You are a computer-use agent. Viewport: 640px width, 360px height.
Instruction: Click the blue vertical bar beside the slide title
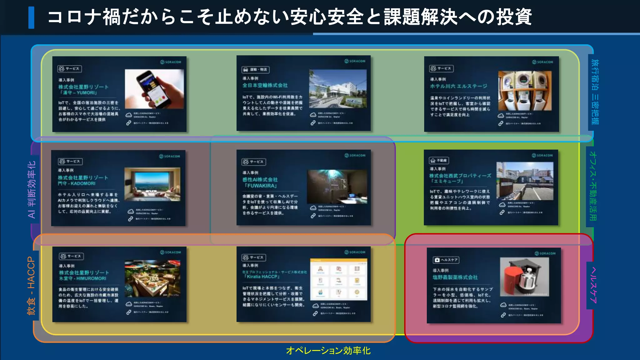(31, 18)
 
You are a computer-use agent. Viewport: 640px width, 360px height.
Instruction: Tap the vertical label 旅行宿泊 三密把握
(595, 92)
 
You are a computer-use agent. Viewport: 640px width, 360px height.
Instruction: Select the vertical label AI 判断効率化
(32, 189)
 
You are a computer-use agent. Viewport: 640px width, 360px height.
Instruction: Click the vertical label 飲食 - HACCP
(31, 285)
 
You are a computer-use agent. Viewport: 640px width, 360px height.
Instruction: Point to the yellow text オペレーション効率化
(328, 351)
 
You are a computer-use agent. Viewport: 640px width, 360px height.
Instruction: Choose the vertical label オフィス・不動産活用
(592, 186)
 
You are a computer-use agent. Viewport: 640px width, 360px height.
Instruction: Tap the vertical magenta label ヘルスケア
(593, 285)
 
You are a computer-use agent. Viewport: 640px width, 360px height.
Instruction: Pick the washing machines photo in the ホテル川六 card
(525, 91)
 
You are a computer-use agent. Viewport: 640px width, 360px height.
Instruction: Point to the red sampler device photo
(524, 277)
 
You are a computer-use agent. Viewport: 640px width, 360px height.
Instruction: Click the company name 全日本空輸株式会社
(265, 85)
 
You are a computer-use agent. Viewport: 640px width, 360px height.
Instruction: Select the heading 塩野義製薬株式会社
(455, 277)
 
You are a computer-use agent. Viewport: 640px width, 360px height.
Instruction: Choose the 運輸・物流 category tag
(255, 70)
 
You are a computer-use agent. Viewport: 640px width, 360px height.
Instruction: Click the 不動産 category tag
(439, 161)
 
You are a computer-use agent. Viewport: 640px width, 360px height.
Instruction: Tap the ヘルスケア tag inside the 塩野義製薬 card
(446, 260)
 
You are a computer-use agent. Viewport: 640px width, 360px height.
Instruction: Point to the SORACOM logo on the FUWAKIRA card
(355, 155)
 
